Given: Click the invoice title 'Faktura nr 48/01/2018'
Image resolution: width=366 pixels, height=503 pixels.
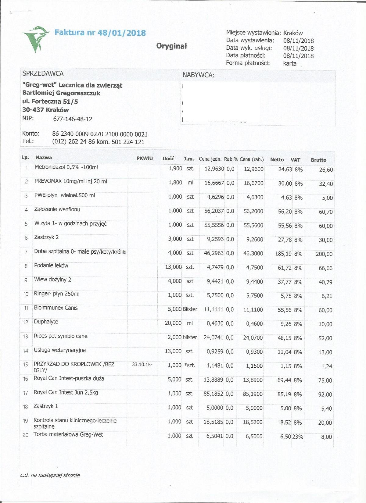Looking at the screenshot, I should (100, 33).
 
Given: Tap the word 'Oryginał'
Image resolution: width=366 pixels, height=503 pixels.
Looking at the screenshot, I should (171, 46).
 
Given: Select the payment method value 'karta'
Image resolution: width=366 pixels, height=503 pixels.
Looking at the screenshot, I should (290, 63).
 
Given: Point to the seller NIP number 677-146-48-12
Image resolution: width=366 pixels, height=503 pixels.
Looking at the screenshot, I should (73, 119).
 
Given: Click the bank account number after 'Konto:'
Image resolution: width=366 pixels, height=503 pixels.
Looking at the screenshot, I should (100, 134).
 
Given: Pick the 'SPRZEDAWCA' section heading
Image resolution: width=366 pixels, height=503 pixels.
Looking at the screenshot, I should (43, 73).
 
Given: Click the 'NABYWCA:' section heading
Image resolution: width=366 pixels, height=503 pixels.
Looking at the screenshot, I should (199, 75).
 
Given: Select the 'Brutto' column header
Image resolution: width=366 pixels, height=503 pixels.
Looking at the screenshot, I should (318, 160).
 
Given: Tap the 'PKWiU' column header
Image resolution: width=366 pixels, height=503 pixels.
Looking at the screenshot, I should (145, 159).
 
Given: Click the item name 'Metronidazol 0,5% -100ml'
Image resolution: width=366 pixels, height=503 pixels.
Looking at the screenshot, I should (66, 167).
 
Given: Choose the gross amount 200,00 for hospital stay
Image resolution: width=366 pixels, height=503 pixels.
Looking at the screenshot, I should (324, 254).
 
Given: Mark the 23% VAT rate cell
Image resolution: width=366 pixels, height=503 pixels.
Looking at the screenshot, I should (298, 437).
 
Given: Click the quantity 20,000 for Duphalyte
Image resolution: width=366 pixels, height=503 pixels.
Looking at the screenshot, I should (173, 323).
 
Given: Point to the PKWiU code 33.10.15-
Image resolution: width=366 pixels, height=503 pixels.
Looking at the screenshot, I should (142, 364).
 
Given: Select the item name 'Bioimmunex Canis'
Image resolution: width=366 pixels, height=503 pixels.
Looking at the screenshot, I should (56, 308).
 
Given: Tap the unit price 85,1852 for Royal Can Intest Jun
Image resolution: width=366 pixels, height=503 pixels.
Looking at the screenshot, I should (213, 394).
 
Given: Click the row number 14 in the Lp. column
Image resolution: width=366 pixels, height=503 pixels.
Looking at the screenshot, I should (26, 351).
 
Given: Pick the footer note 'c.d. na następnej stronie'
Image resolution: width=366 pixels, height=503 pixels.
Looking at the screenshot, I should (50, 475).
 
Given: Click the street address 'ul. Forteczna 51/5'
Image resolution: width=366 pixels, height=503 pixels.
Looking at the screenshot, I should (50, 102).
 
